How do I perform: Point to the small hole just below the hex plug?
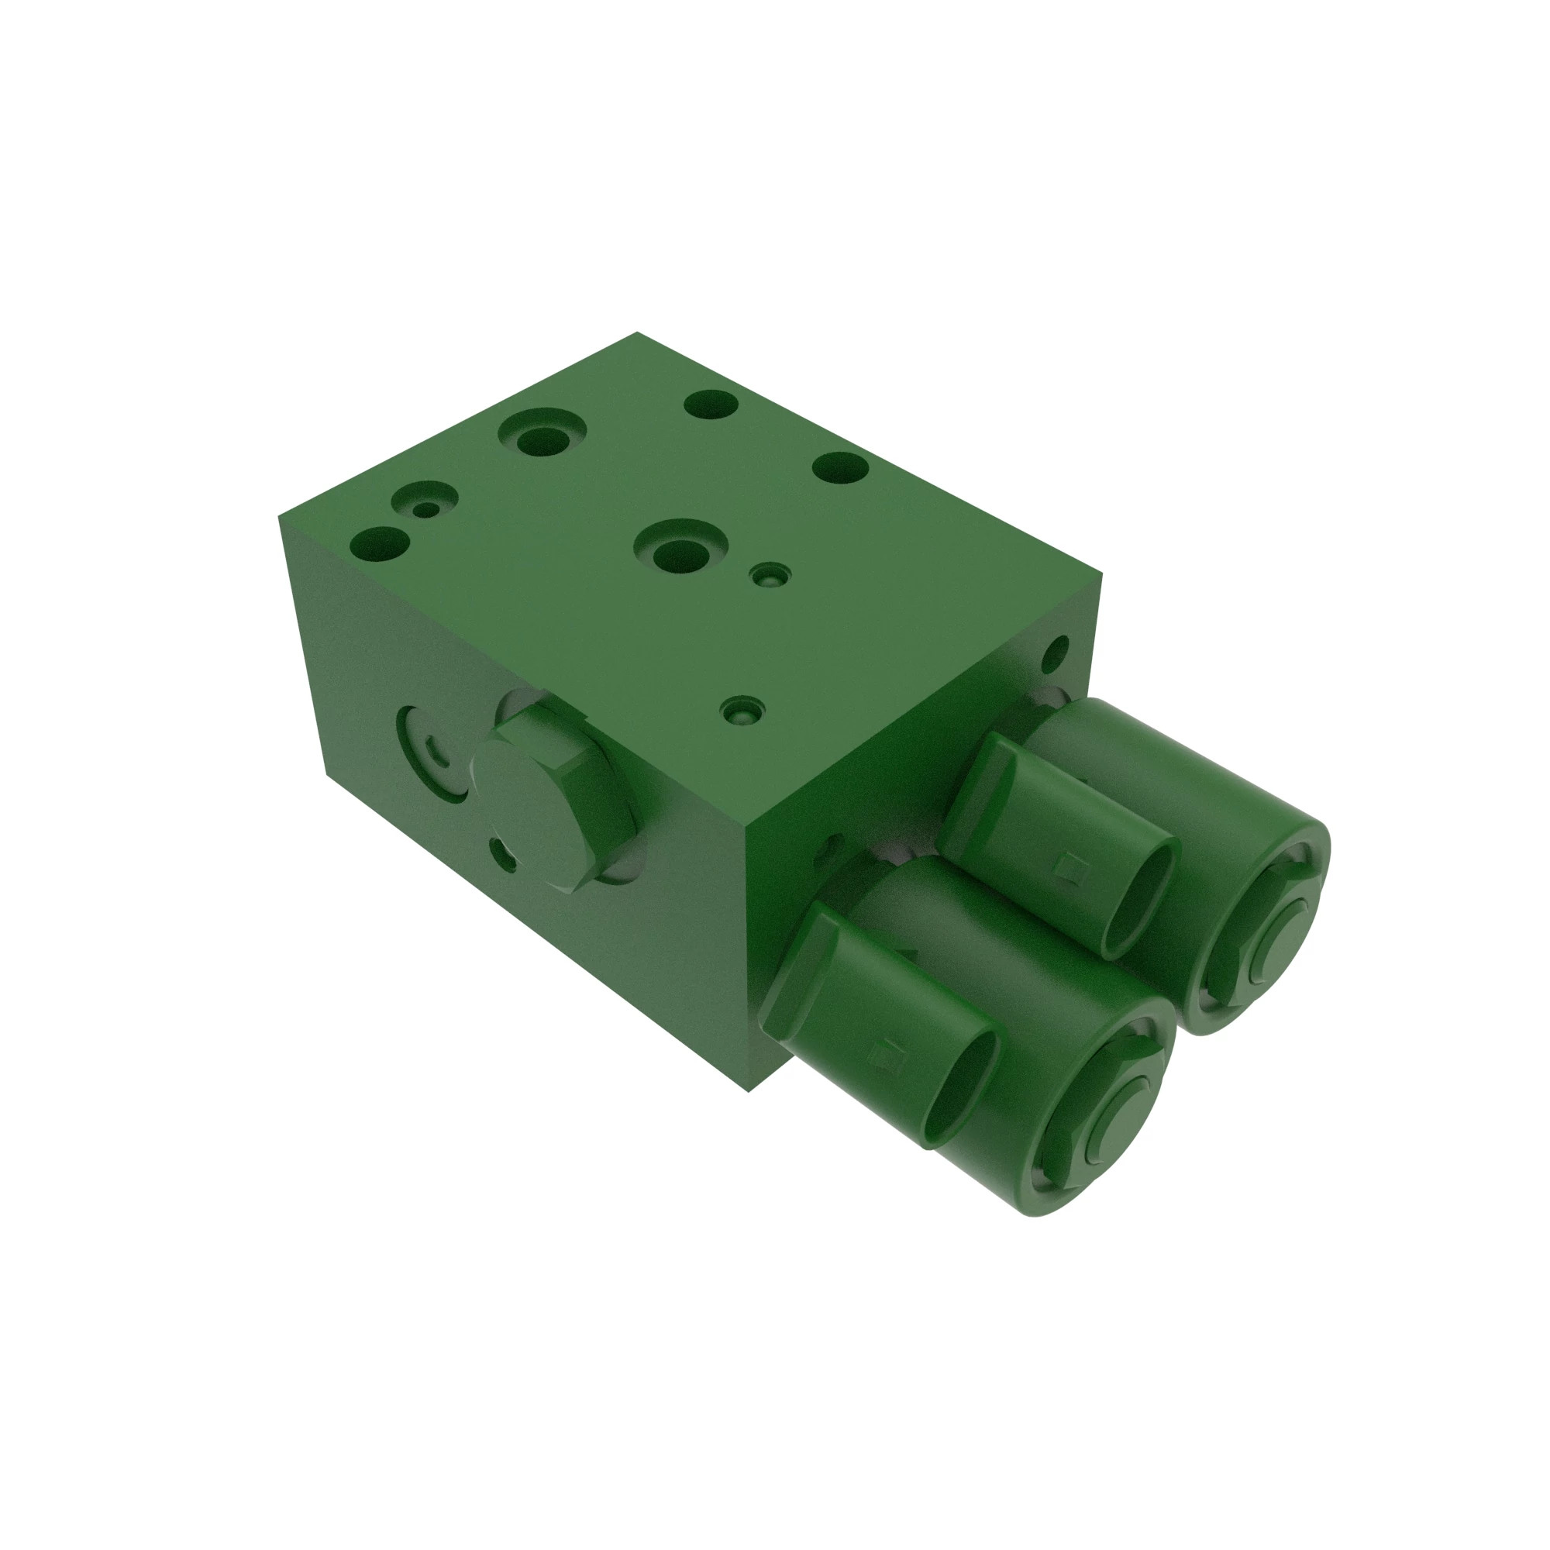click(504, 853)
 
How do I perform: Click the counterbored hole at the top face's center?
click(680, 553)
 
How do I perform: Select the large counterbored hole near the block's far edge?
click(542, 438)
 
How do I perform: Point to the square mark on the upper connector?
click(1066, 865)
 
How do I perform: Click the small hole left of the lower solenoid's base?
click(831, 845)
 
